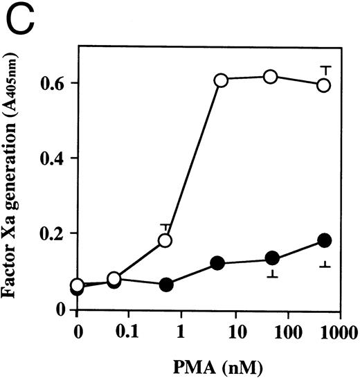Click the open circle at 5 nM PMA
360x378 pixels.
(x=221, y=80)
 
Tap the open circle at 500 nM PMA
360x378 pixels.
(x=323, y=85)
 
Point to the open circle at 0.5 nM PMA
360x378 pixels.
(x=165, y=241)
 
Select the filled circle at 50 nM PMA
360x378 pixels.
(x=272, y=258)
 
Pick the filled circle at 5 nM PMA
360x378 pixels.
(x=218, y=263)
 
